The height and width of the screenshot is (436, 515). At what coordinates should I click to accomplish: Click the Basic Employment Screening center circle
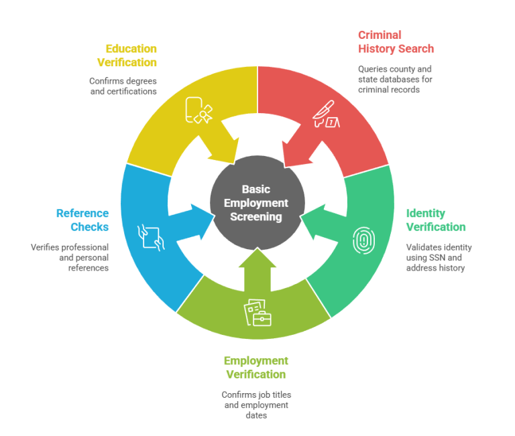257,203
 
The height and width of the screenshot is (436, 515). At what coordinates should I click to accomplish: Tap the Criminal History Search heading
395,42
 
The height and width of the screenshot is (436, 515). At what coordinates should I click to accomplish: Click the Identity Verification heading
435,220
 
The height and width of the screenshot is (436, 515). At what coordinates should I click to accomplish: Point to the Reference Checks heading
82,220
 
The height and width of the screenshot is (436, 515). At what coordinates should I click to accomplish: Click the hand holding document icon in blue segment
150,236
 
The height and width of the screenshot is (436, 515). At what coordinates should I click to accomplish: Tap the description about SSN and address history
439,257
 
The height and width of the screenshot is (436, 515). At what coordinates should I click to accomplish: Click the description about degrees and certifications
123,86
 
